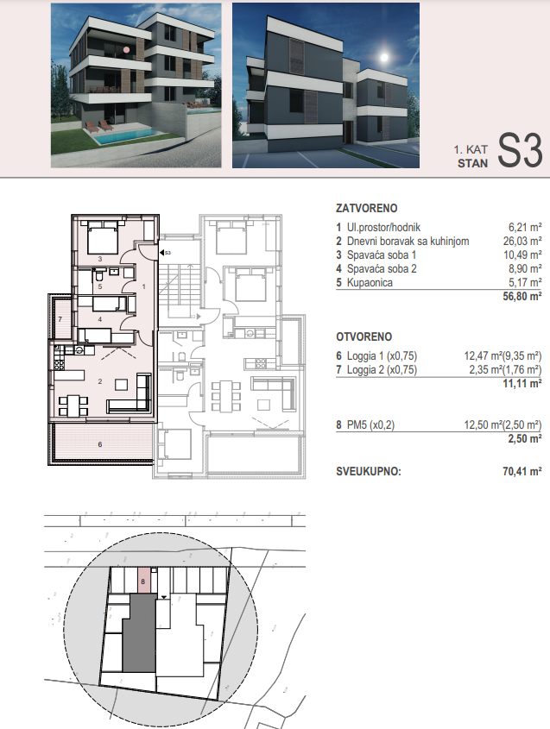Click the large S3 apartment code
520,151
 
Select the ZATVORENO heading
367,208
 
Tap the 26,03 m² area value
522,242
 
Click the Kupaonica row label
370,283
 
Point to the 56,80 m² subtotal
522,297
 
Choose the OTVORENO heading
364,336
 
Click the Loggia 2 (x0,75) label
382,370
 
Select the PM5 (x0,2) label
370,425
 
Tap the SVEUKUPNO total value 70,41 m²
522,471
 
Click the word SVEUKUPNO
369,471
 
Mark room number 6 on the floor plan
100,444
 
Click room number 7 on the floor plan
60,319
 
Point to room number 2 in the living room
100,381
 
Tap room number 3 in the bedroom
100,259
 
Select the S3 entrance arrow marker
162,253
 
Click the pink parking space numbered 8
144,581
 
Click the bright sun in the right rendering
384,58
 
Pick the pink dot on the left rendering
126,49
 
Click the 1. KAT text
471,150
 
